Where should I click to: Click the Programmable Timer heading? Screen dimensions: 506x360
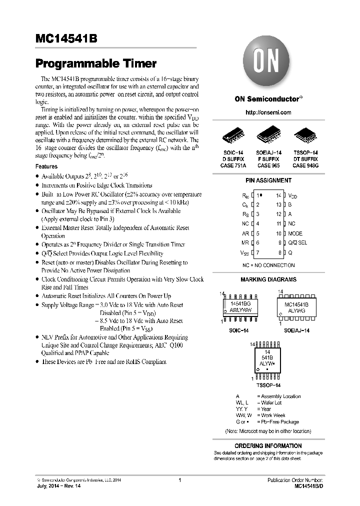point(96,64)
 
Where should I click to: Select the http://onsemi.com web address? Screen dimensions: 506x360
point(268,112)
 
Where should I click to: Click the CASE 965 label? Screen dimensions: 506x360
point(268,165)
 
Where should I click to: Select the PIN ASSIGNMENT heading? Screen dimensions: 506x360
point(268,180)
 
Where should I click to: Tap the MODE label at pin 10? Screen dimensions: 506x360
point(295,233)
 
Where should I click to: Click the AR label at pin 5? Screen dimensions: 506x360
point(245,233)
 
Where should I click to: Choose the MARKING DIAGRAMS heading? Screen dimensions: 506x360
point(268,279)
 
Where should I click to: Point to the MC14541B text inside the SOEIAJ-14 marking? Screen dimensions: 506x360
point(296,304)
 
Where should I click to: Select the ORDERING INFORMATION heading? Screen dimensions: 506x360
point(268,445)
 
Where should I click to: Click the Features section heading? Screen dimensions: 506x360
point(46,166)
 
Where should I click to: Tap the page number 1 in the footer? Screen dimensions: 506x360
point(179,480)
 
